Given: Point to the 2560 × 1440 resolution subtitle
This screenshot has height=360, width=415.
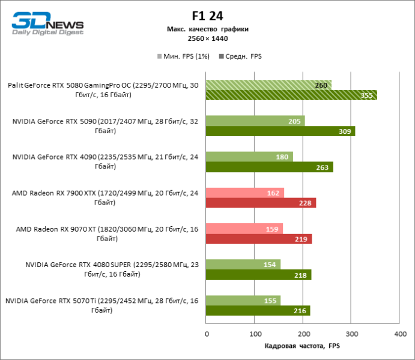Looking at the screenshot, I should (207, 38).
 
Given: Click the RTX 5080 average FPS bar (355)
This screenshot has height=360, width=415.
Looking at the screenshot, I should (291, 95).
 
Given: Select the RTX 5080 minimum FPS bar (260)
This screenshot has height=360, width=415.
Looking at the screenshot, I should (268, 85).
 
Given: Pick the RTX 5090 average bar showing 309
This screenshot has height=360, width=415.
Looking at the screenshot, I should (280, 131).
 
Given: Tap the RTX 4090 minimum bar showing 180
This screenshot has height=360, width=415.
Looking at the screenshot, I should (249, 157).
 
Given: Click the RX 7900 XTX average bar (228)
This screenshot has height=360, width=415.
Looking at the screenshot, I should (261, 203).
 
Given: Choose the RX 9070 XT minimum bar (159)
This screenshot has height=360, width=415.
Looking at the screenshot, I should (244, 229).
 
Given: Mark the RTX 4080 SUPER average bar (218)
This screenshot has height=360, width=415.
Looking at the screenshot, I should (258, 275).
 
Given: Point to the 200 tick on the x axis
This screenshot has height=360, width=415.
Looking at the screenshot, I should (303, 333).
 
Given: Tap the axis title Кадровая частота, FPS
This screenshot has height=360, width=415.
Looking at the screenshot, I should (302, 346).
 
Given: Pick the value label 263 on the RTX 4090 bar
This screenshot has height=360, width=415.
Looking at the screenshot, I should (322, 167).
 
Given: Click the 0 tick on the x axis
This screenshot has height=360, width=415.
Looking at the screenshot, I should (207, 333).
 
